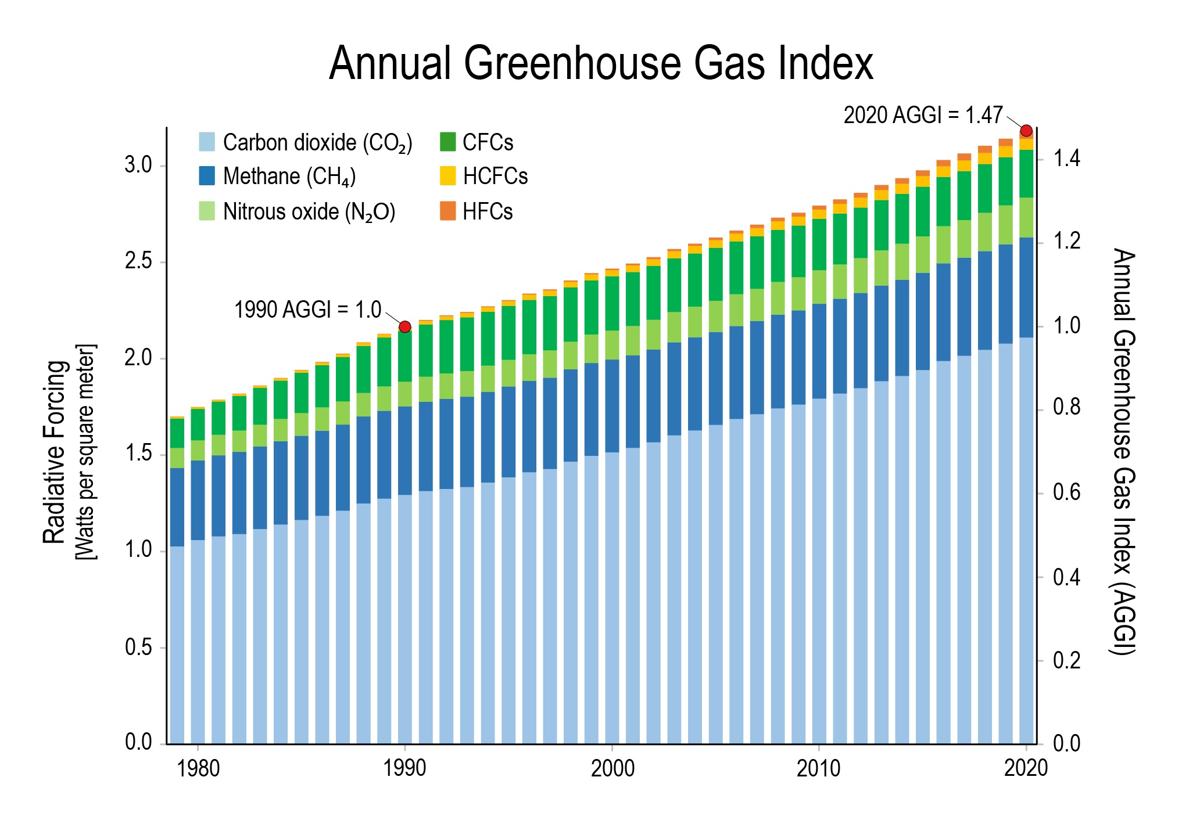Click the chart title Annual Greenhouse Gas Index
601,63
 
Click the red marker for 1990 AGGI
405,327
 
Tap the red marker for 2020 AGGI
1026,131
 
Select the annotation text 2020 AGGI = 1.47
923,116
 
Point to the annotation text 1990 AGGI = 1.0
307,310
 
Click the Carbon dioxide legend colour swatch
207,142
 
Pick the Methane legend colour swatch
207,176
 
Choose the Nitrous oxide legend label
309,212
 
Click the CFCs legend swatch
447,142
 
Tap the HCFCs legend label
495,177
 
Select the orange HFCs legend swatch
447,211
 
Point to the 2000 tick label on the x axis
613,769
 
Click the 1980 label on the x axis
198,769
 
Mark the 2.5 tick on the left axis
138,262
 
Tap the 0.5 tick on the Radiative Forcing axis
138,648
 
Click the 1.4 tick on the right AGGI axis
1067,159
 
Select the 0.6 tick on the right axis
1067,493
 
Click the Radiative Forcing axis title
55,452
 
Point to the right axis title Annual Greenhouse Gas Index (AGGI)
1124,452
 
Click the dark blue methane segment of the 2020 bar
1026,287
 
